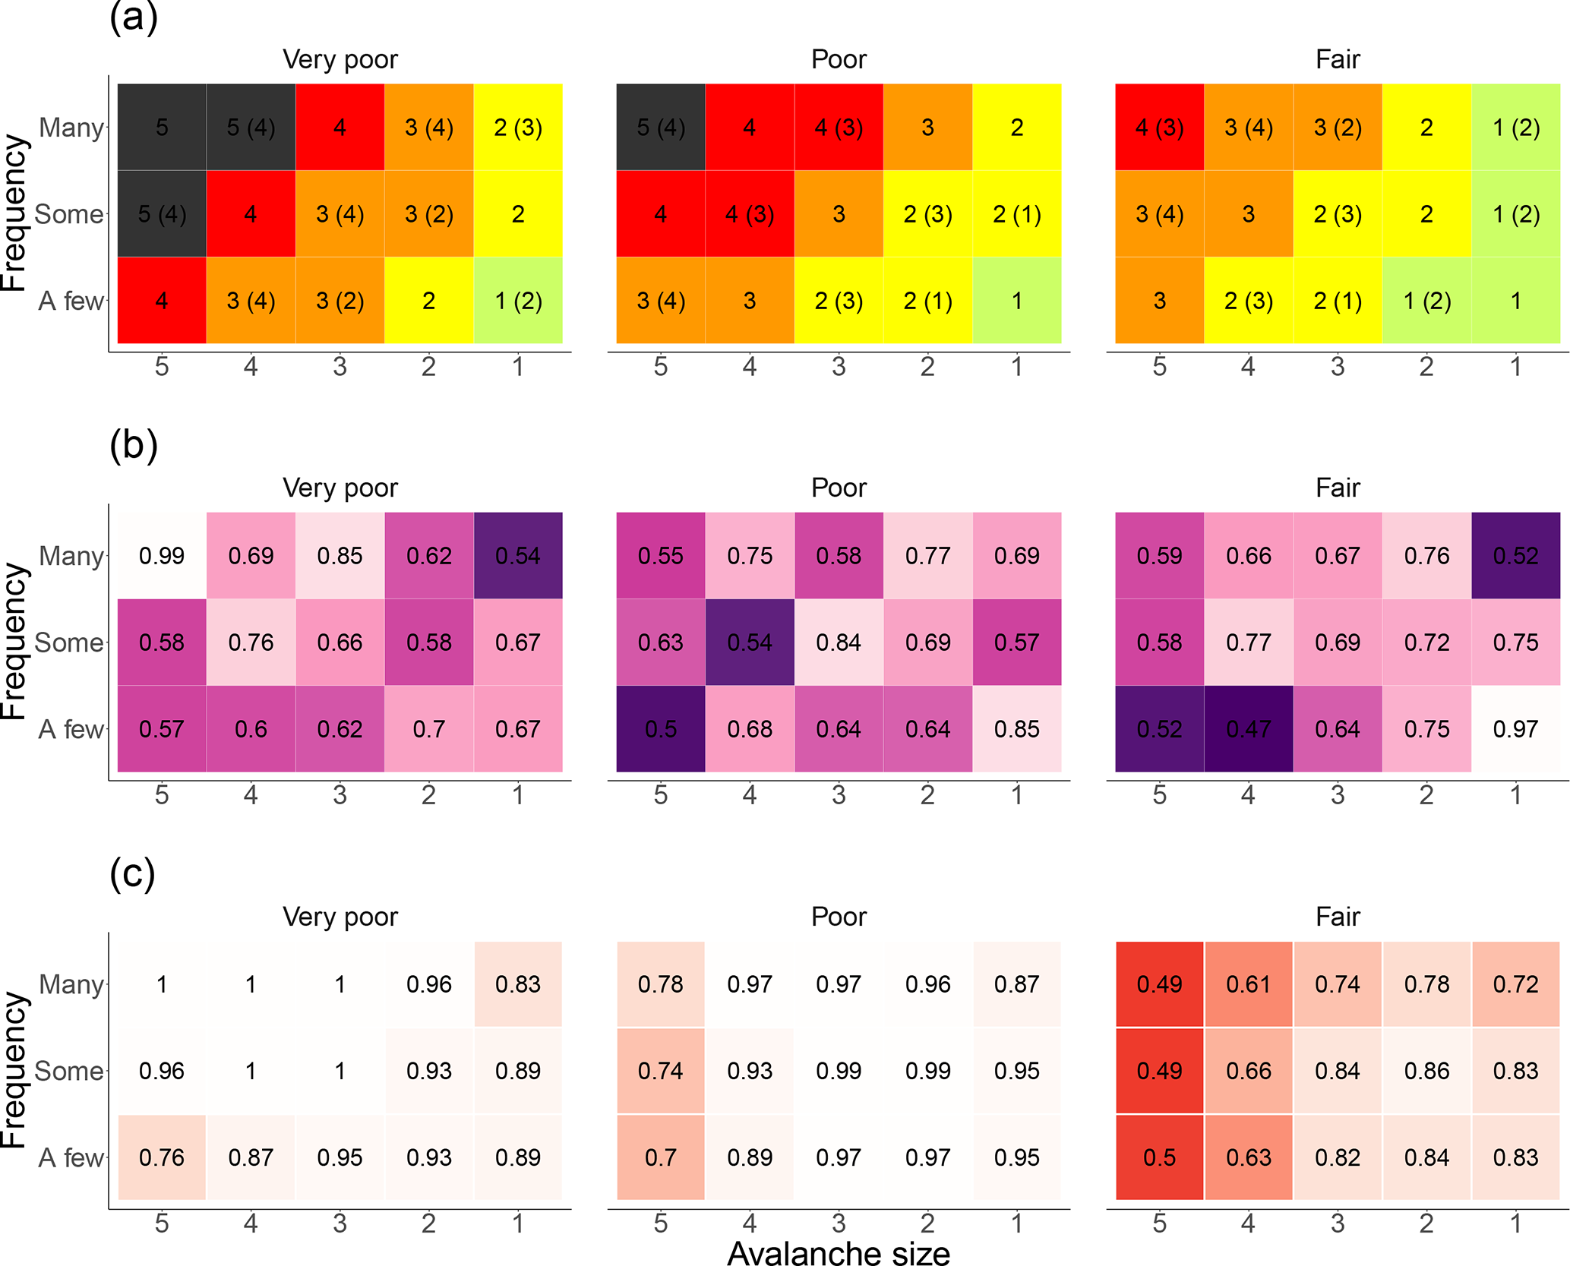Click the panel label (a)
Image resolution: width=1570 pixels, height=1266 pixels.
[134, 17]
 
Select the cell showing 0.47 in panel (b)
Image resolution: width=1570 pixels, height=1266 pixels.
[1248, 729]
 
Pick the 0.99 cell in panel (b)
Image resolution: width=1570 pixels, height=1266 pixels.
[162, 556]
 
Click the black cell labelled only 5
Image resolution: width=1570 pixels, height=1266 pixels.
[162, 128]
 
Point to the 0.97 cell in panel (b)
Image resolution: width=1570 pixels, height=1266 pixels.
[1515, 729]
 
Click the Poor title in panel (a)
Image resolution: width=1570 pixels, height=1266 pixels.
[838, 59]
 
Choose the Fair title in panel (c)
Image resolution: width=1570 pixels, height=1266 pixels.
[1337, 917]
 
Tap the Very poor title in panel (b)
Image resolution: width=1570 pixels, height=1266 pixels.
[340, 488]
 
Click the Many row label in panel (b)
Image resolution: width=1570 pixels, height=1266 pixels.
[71, 556]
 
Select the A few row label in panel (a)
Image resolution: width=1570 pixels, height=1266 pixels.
[71, 301]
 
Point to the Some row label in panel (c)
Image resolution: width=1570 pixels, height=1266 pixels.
[69, 1071]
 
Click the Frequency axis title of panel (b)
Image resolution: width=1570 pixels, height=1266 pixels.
[14, 642]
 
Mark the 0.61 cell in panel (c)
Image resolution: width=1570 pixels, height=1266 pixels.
[1248, 984]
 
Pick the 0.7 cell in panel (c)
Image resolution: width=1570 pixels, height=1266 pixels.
[660, 1157]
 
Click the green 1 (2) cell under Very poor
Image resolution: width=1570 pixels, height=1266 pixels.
[518, 301]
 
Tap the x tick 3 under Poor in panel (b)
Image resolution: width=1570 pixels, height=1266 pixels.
[838, 795]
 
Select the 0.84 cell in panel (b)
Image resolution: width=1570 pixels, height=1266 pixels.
[838, 642]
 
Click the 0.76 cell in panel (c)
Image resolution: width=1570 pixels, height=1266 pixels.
[162, 1157]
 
